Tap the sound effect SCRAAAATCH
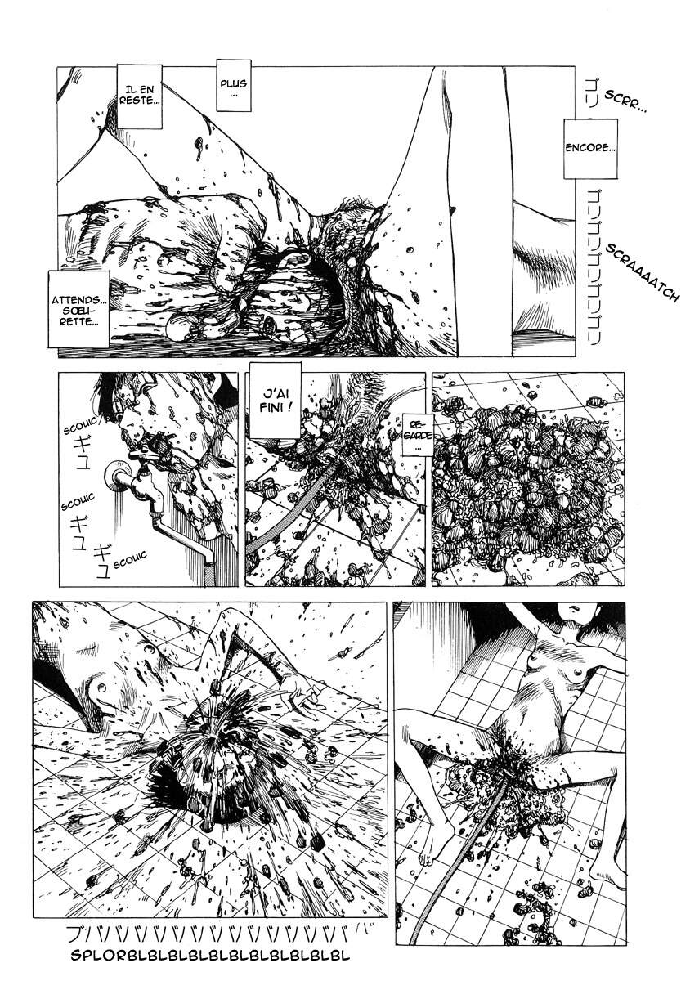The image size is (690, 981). point(643,271)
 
